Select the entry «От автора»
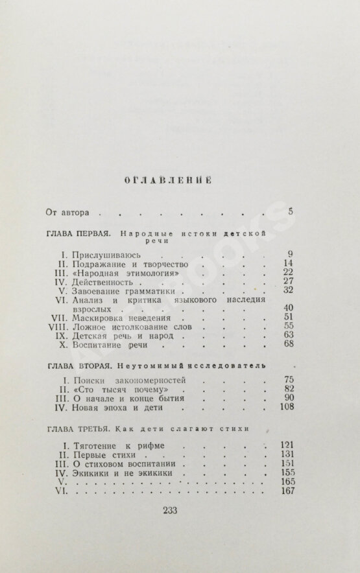[x=71, y=212]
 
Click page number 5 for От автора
[x=291, y=211]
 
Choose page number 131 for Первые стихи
[x=286, y=454]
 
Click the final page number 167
[x=286, y=491]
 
